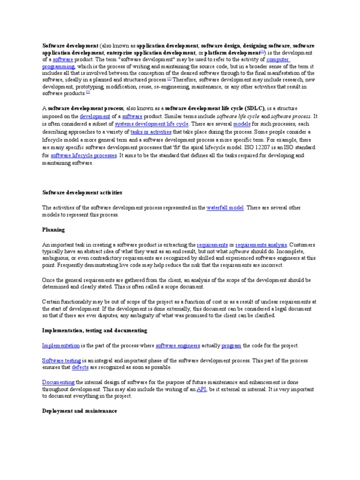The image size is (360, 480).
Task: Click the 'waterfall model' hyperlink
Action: (x=225, y=208)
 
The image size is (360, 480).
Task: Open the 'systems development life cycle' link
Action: (x=152, y=124)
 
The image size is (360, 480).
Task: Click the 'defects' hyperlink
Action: (x=80, y=368)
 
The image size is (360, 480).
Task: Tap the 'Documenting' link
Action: (x=58, y=382)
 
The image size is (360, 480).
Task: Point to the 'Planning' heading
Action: (x=53, y=230)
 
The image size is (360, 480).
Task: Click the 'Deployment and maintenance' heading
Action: (x=79, y=411)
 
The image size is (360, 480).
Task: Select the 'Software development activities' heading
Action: (x=82, y=193)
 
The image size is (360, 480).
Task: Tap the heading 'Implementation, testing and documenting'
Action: (x=95, y=330)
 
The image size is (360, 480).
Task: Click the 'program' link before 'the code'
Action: (x=231, y=345)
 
